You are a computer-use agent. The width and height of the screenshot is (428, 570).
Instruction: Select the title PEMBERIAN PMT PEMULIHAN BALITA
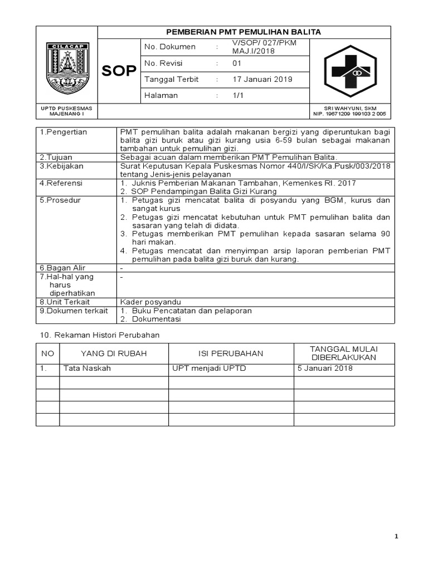(x=244, y=32)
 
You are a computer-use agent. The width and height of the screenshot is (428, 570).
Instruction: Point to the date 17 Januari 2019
(x=262, y=80)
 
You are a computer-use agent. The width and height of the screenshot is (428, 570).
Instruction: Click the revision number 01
(x=237, y=63)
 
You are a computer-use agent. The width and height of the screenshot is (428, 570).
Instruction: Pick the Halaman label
(x=161, y=96)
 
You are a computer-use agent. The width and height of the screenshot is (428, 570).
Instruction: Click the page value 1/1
(x=238, y=96)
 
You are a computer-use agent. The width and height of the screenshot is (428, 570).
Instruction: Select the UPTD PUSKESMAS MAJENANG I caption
(x=67, y=111)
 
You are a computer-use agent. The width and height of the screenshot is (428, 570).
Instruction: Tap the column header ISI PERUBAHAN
(x=231, y=353)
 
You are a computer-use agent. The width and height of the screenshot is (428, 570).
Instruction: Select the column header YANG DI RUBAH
(x=114, y=353)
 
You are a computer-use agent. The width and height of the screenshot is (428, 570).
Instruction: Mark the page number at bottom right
(x=396, y=537)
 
